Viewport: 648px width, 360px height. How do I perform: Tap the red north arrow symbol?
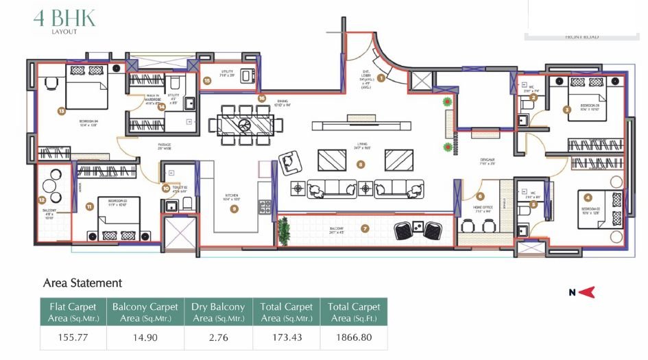pos(586,293)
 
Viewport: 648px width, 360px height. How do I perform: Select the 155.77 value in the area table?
pos(73,337)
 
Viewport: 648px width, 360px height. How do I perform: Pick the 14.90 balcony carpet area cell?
pos(145,337)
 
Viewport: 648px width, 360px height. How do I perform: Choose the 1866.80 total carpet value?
pos(355,337)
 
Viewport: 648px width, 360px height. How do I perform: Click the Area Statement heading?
pos(82,283)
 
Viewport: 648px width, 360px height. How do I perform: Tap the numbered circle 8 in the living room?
pos(361,165)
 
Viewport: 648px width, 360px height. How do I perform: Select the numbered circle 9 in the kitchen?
pos(235,208)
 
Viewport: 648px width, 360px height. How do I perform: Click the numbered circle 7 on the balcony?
pos(365,229)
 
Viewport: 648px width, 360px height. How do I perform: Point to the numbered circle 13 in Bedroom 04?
pos(61,110)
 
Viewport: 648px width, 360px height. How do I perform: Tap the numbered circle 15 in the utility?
pos(207,80)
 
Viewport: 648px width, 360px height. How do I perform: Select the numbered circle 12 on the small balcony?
pos(42,200)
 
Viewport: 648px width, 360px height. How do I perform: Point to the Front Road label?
pos(581,37)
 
